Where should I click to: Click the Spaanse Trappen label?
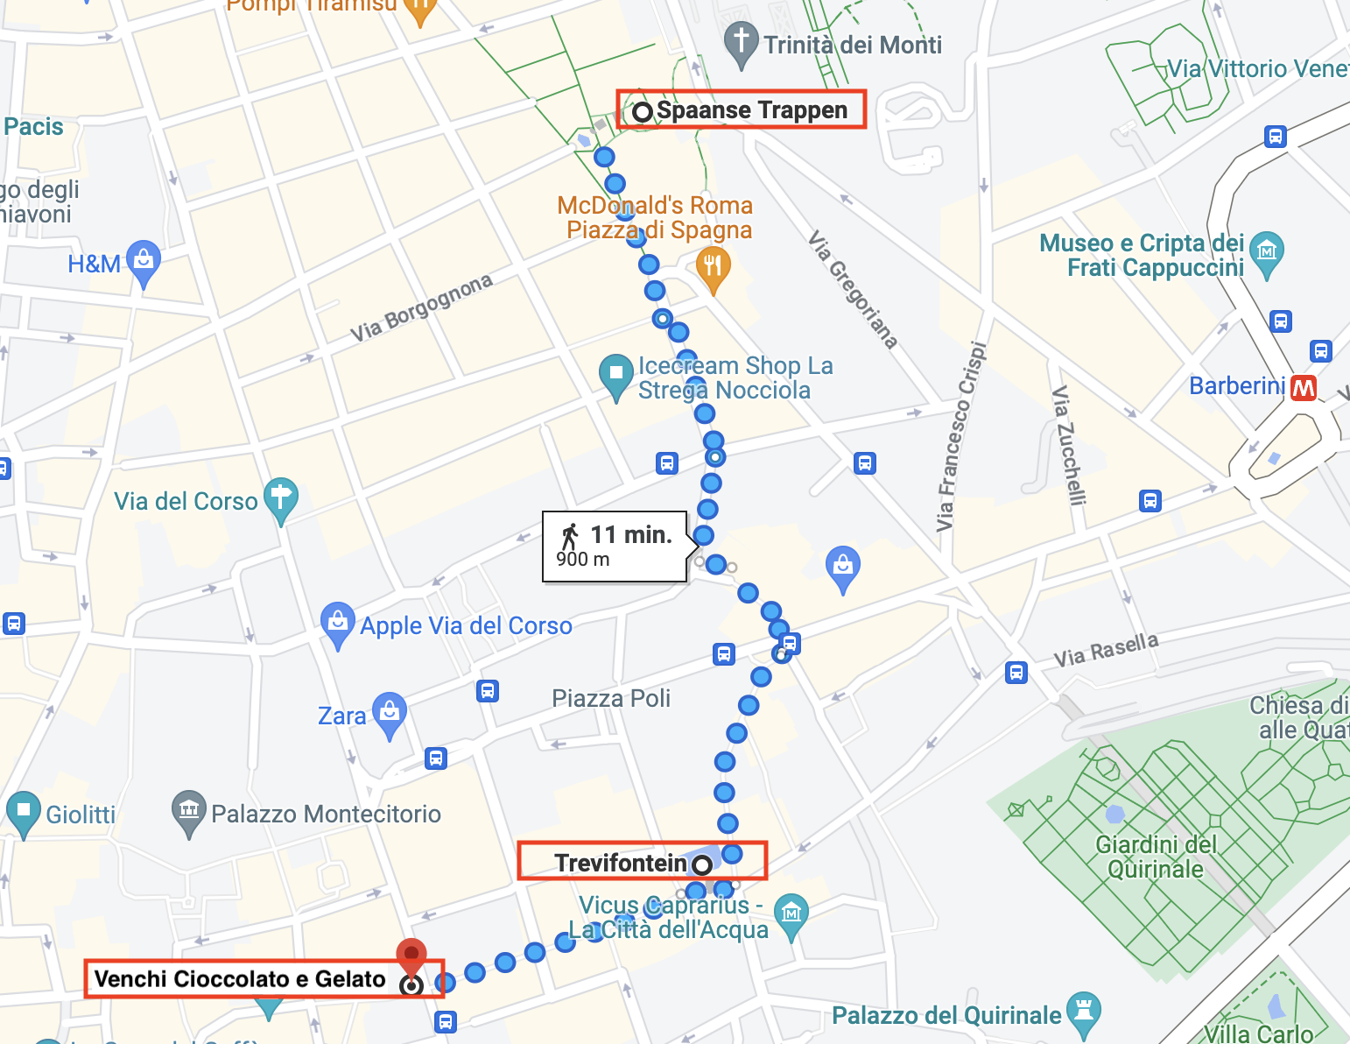pos(751,110)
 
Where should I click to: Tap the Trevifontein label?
pos(621,863)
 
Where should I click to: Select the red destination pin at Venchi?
pos(411,956)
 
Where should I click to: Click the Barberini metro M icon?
pos(1304,387)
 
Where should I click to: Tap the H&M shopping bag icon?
pos(144,260)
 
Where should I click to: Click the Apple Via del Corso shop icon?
pos(338,623)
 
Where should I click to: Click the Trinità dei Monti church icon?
pos(742,42)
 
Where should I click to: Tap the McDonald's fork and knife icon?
pos(713,265)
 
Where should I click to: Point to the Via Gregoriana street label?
pos(852,290)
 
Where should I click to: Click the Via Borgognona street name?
pos(421,308)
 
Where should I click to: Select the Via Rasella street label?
pos(1106,650)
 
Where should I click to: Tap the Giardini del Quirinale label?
pos(1156,857)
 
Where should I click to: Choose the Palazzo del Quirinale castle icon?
pos(1084,1012)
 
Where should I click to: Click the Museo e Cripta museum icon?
pos(1267,252)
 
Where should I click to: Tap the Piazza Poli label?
pos(611,699)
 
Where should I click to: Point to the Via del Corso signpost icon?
pos(281,498)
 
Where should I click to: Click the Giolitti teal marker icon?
pos(24,811)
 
